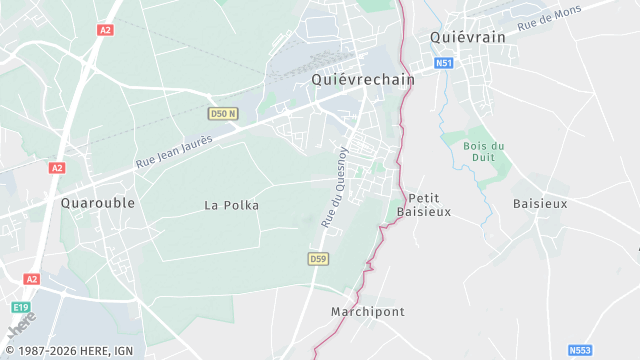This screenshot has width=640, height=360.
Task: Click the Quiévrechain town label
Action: click(x=362, y=80)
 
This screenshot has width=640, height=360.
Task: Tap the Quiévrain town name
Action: click(x=467, y=36)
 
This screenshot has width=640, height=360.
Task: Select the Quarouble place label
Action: click(x=98, y=202)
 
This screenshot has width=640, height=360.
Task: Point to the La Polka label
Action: click(x=231, y=205)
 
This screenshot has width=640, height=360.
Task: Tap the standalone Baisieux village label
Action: click(x=540, y=203)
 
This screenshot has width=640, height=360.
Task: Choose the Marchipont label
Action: click(x=367, y=312)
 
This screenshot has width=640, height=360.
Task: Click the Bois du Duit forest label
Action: click(x=485, y=151)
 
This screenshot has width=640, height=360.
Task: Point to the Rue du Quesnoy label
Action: click(x=334, y=187)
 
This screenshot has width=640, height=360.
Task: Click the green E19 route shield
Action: click(x=24, y=308)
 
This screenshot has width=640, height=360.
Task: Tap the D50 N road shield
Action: click(x=224, y=113)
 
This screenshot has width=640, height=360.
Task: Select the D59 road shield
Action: click(x=318, y=259)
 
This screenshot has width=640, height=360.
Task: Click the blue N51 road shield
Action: click(x=443, y=63)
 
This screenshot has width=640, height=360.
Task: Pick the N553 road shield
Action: click(x=579, y=350)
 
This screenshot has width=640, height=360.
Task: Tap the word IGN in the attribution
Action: click(x=123, y=350)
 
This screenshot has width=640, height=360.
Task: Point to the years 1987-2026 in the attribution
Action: click(x=42, y=350)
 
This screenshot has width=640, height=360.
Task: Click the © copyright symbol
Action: click(x=8, y=350)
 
